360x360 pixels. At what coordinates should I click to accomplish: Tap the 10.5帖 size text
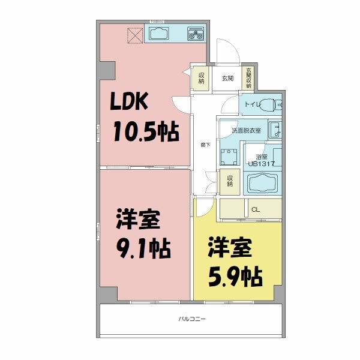point(146,132)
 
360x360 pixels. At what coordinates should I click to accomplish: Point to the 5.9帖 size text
point(235,275)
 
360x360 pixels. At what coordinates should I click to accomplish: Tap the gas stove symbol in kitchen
point(196,34)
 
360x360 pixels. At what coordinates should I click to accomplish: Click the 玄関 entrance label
point(227,78)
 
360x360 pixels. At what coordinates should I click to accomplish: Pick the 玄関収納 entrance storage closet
point(248,78)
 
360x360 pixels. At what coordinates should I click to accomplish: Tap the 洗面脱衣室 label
point(246,130)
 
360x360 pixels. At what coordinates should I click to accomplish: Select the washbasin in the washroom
point(274,129)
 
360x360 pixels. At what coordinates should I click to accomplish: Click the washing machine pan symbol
point(228,157)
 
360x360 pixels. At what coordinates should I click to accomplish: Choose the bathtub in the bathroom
point(262,182)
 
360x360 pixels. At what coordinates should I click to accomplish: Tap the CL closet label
point(256,209)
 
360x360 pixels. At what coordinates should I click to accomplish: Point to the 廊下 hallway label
point(205,145)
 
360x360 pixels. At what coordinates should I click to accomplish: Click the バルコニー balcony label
point(191,319)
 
